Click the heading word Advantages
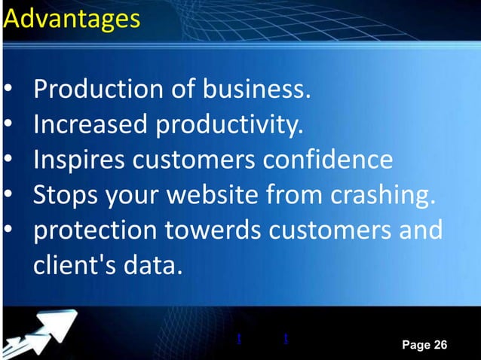point(71,19)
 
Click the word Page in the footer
point(415,345)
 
